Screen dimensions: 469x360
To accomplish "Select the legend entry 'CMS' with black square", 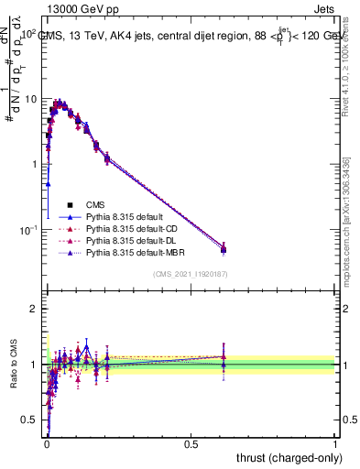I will [x=97, y=204].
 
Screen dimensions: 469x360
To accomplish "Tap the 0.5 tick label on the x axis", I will [x=191, y=443].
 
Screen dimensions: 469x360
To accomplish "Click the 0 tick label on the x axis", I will [x=47, y=443].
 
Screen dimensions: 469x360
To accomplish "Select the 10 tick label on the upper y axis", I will [x=29, y=99].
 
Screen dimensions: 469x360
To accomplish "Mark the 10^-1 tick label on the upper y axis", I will [x=27, y=229].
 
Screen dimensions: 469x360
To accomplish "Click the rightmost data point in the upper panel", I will [x=224, y=248].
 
